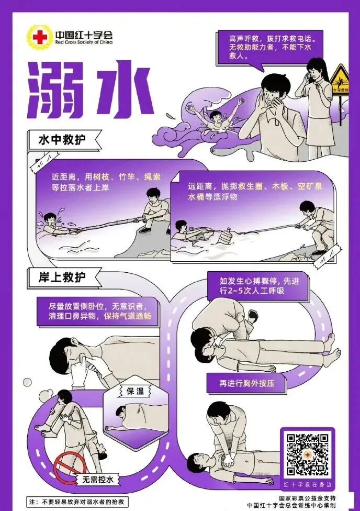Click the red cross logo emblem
point(39,37)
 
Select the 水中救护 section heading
point(62,140)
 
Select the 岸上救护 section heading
point(62,277)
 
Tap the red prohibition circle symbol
point(69,468)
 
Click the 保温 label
point(133,391)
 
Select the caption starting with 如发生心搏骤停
point(249,285)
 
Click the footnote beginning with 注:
point(78,502)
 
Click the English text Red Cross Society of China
point(83,41)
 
